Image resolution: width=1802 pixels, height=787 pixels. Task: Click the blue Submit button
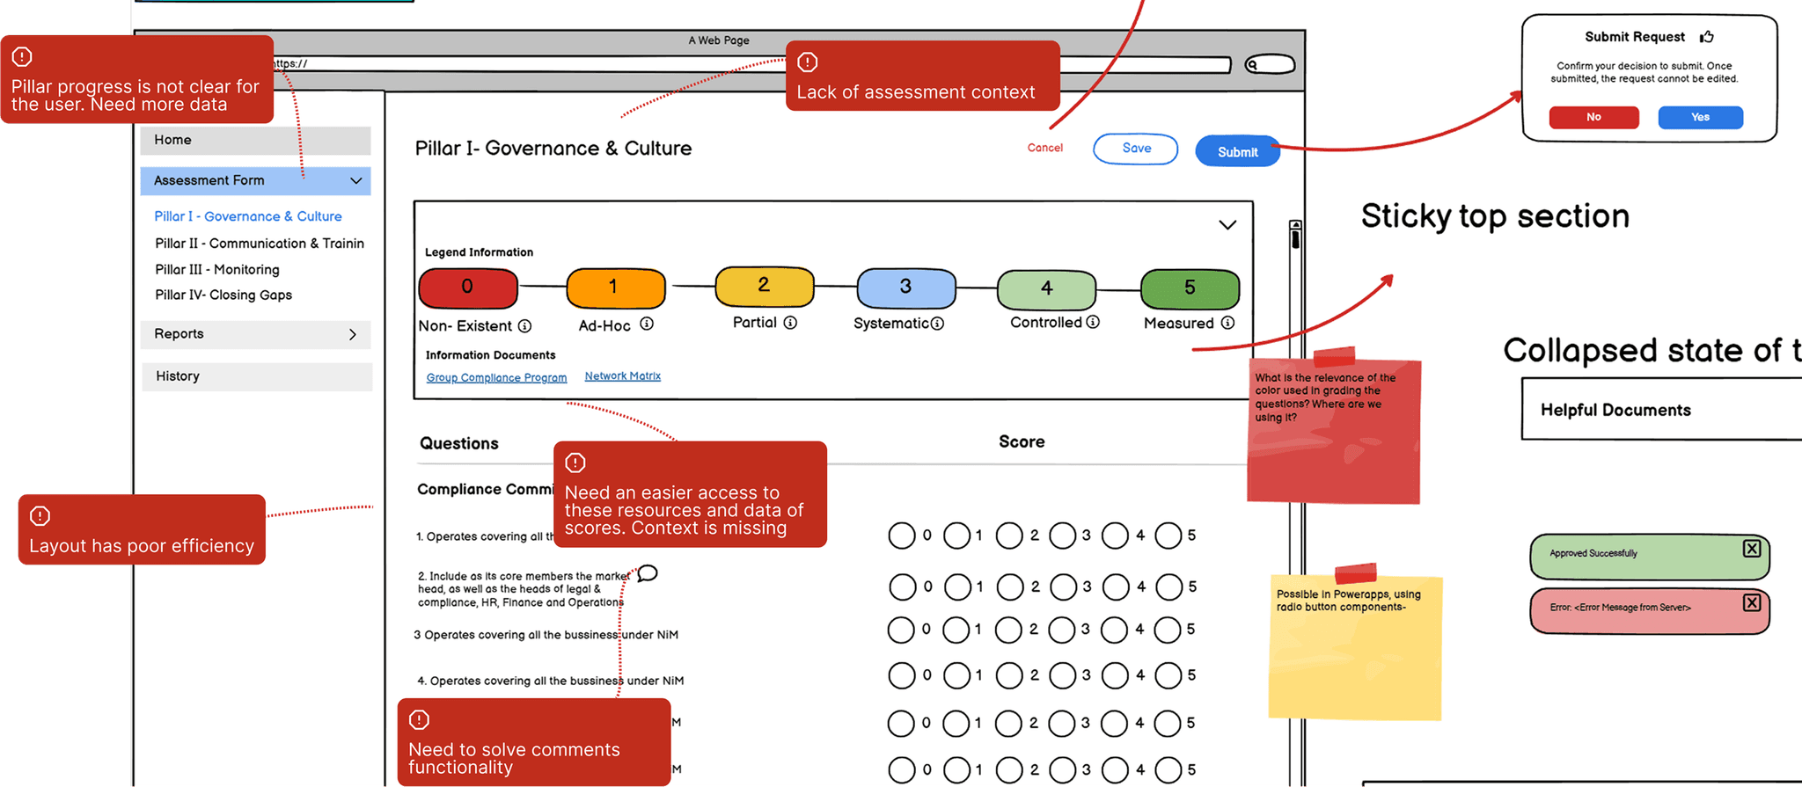(1237, 152)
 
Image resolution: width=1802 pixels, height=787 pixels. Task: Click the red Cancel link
(1044, 148)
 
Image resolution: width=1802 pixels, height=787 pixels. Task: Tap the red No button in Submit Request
(1593, 118)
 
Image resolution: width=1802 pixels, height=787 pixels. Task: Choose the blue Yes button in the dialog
(1700, 118)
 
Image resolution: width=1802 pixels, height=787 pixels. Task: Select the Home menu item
(255, 141)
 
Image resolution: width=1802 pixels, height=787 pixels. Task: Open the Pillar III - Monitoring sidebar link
(217, 270)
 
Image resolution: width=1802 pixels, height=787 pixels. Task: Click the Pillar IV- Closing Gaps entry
(223, 295)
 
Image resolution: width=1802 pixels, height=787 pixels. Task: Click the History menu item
(256, 376)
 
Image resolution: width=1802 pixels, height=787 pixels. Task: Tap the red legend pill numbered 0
(468, 288)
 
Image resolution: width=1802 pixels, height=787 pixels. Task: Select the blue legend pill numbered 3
(906, 288)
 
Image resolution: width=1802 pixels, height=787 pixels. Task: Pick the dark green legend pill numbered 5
(1190, 288)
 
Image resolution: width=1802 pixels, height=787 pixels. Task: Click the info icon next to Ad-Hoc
(647, 324)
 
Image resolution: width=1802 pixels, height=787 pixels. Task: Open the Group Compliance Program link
(496, 378)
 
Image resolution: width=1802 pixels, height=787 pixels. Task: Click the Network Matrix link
(623, 376)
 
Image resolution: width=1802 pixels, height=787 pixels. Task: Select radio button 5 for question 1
(1168, 536)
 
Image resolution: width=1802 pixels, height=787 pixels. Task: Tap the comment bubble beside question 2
(648, 574)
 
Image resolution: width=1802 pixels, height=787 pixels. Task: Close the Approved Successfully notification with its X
(1752, 549)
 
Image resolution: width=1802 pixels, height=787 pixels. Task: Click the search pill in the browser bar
(1270, 64)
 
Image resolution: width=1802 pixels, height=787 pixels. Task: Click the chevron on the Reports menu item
(353, 335)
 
